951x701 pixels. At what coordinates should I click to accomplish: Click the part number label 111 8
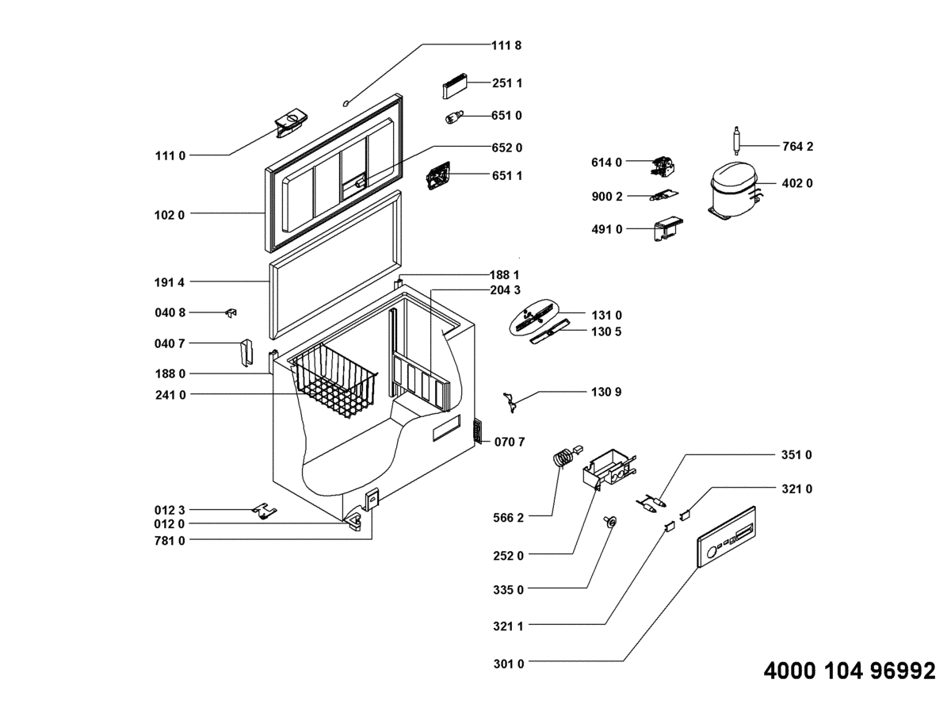click(506, 45)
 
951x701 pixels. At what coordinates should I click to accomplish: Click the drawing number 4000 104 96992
click(850, 671)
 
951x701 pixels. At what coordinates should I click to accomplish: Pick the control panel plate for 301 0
click(727, 537)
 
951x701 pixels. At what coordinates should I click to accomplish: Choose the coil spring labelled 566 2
click(563, 459)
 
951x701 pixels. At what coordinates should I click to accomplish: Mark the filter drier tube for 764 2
click(737, 140)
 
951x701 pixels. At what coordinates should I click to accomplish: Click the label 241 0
click(170, 395)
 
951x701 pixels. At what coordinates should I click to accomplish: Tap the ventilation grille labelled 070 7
click(478, 431)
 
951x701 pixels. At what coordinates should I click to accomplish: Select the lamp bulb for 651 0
click(454, 117)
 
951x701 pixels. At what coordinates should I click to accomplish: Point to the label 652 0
click(507, 147)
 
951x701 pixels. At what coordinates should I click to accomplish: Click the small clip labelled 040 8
click(231, 313)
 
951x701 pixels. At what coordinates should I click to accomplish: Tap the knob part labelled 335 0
click(610, 522)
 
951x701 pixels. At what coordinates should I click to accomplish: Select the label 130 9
click(606, 392)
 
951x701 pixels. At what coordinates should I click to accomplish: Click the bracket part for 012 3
click(264, 511)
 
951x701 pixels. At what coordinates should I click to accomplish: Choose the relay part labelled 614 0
click(663, 167)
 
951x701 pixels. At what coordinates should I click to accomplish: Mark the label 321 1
click(508, 626)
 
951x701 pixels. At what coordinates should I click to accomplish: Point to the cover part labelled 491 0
click(668, 230)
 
